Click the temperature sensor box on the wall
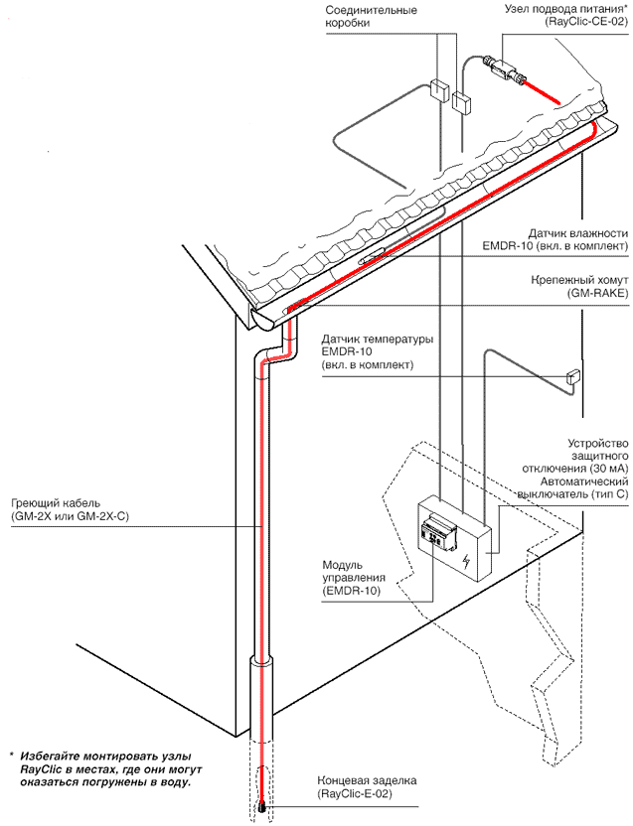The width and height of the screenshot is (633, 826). coord(573,377)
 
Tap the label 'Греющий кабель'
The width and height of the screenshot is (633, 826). coord(47,502)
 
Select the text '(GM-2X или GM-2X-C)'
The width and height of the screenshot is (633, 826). coord(65,516)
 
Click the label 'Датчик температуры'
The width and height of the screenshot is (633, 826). coord(378,339)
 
